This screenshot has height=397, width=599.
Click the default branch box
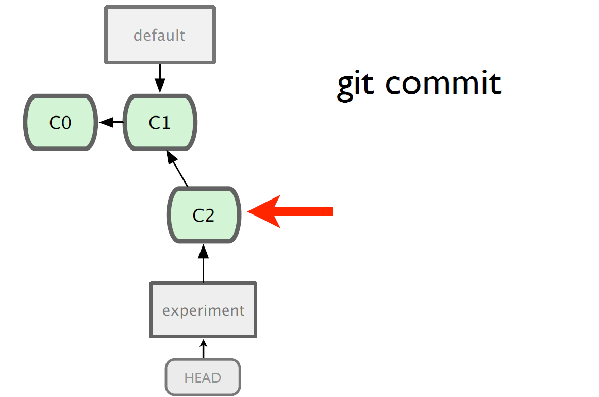click(x=160, y=35)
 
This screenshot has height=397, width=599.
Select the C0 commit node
click(x=60, y=122)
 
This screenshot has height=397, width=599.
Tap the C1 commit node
click(x=160, y=122)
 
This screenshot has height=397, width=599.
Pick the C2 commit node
click(x=204, y=214)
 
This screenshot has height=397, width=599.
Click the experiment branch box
click(x=203, y=310)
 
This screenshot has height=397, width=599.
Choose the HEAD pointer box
click(x=203, y=377)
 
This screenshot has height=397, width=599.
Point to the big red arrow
click(x=290, y=211)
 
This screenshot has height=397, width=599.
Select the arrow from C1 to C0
click(x=111, y=122)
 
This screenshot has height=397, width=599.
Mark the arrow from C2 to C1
click(x=177, y=169)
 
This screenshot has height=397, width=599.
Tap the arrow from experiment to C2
click(x=203, y=263)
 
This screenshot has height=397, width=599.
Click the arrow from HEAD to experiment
click(x=203, y=349)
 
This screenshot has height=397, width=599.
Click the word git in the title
click(x=355, y=85)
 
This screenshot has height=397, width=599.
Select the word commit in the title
click(x=443, y=82)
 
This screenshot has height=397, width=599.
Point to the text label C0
click(x=60, y=123)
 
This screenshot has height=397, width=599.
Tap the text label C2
click(x=204, y=215)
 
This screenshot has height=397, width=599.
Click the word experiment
click(x=203, y=311)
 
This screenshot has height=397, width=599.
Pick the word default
click(x=159, y=35)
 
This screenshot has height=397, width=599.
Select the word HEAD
click(x=203, y=377)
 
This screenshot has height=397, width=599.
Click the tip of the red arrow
click(x=248, y=211)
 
